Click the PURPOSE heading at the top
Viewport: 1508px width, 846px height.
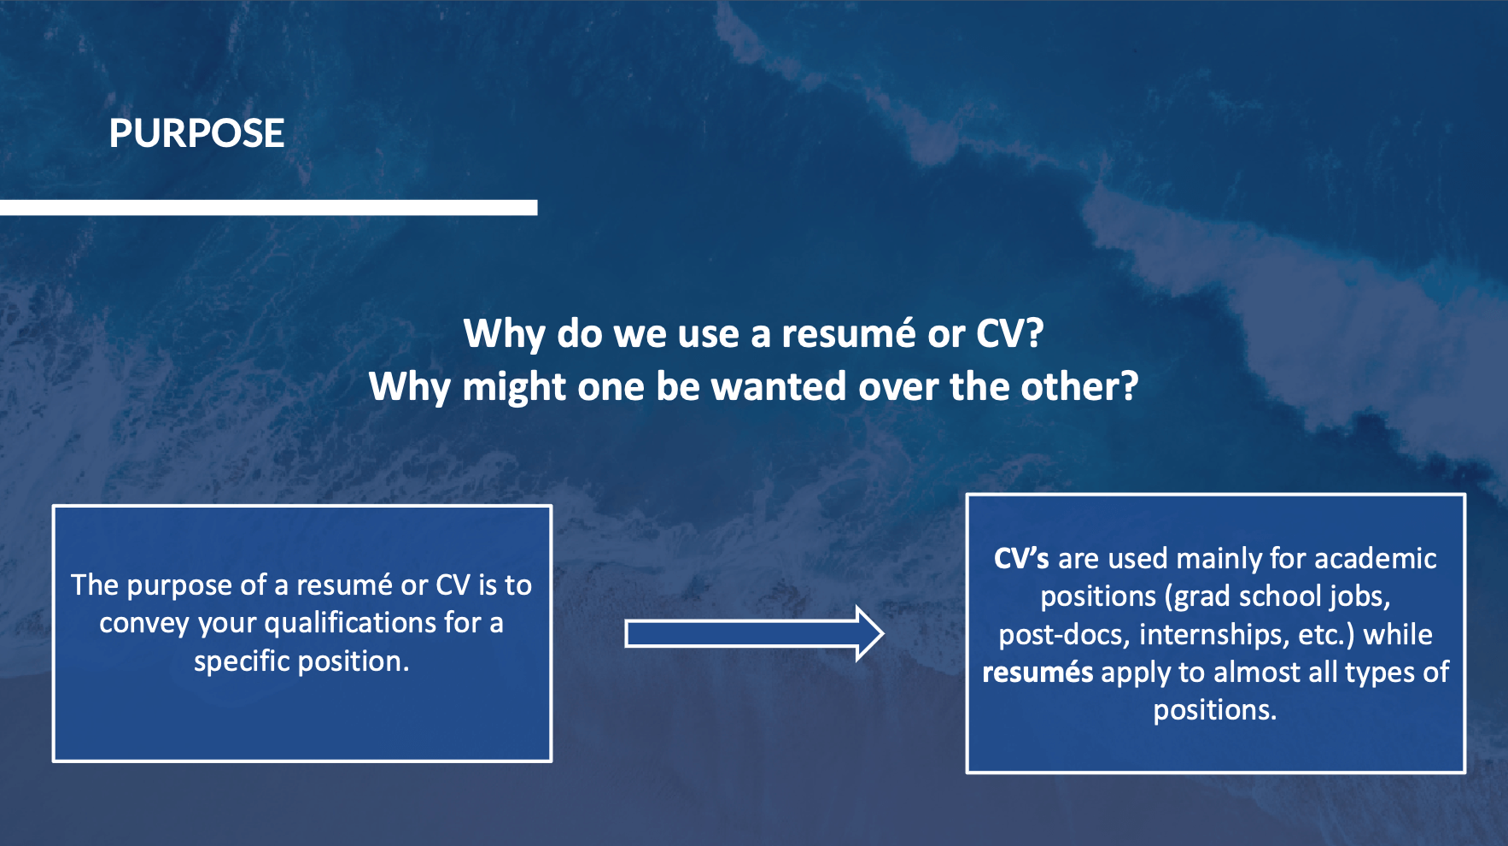pos(196,133)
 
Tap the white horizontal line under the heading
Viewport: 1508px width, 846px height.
pos(268,208)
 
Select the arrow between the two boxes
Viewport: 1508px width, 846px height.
pos(754,634)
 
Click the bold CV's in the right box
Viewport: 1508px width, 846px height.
pos(1021,558)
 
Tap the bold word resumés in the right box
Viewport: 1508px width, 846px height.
pos(1037,672)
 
